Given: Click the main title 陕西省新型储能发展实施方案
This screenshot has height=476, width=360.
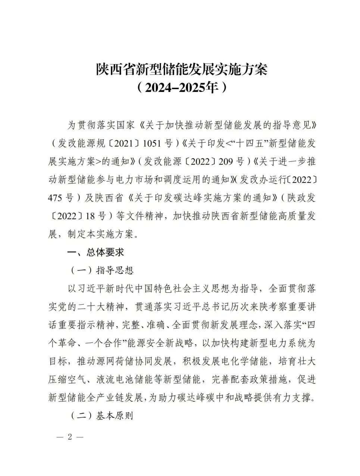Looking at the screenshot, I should [182, 69].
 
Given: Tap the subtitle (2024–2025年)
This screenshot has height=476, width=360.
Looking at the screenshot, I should [182, 88].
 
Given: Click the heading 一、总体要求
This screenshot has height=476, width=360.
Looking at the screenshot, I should [95, 252].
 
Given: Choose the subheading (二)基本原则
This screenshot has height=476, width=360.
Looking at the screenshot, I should [102, 416].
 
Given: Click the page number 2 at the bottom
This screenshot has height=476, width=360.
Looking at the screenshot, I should [69, 437].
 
